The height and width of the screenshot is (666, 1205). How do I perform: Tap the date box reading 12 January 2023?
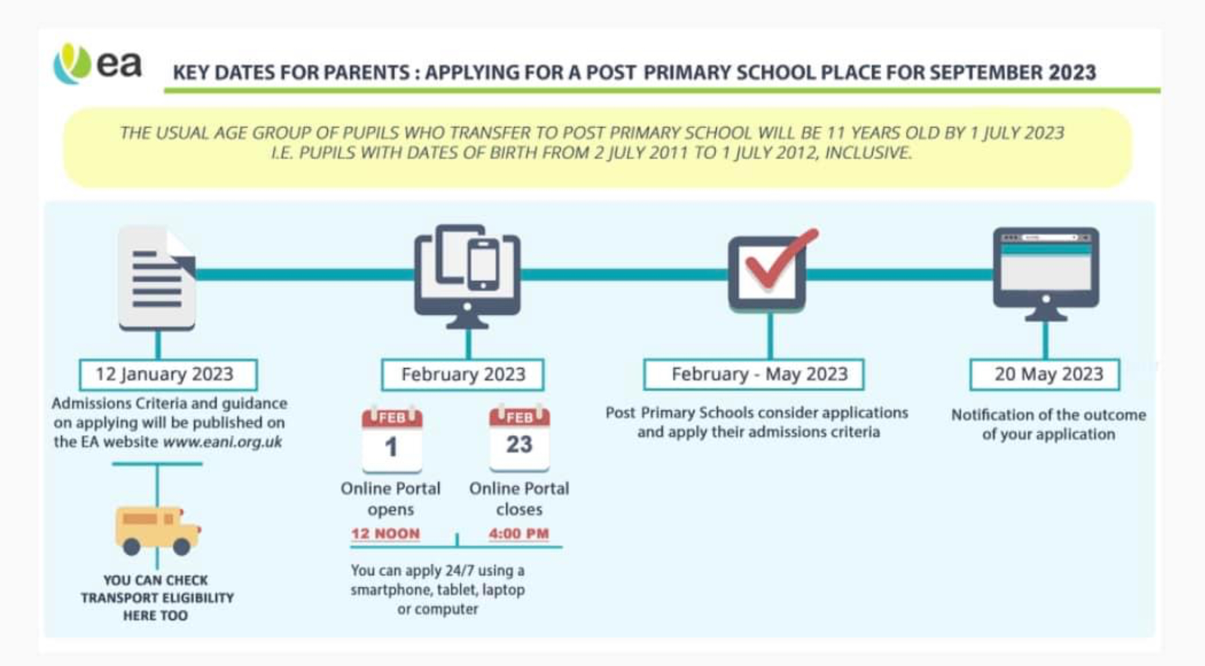pyautogui.click(x=168, y=375)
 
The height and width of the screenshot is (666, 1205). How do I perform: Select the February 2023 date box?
pyautogui.click(x=462, y=375)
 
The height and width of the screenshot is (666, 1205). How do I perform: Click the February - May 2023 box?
pyautogui.click(x=754, y=375)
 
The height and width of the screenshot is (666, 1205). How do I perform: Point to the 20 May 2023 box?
pyautogui.click(x=1045, y=375)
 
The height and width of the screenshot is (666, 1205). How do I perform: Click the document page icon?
pyautogui.click(x=157, y=277)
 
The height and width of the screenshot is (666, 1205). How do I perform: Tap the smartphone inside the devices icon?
pyautogui.click(x=483, y=265)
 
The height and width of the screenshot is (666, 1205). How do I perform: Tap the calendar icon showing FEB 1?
pyautogui.click(x=392, y=439)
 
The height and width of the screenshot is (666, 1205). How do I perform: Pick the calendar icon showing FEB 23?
pyautogui.click(x=519, y=438)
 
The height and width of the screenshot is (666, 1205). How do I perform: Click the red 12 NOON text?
pyautogui.click(x=385, y=534)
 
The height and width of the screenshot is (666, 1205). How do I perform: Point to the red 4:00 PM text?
pyautogui.click(x=518, y=534)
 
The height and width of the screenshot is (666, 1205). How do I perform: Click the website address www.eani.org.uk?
pyautogui.click(x=222, y=442)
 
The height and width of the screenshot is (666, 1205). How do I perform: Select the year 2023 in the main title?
pyautogui.click(x=1072, y=72)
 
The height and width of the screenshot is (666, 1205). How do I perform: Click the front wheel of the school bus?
pyautogui.click(x=182, y=546)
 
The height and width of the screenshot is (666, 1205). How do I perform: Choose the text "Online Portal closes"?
pyautogui.click(x=519, y=499)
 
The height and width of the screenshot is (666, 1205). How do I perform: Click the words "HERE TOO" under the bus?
pyautogui.click(x=155, y=616)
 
